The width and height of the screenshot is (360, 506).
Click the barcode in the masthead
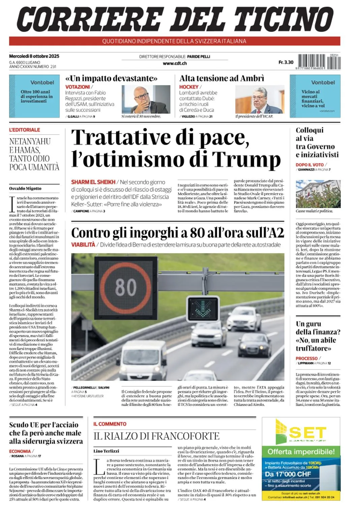(x=319, y=62)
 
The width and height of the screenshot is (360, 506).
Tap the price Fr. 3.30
(x=286, y=62)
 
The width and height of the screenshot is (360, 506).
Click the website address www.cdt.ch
(x=175, y=63)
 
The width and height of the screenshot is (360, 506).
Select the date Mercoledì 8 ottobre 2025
(x=34, y=56)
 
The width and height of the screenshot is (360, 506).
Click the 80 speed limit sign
(x=126, y=287)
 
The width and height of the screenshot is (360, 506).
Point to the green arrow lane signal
(x=203, y=308)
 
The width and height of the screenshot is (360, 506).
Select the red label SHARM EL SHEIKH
(x=93, y=182)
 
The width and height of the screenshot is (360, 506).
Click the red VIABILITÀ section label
(x=83, y=245)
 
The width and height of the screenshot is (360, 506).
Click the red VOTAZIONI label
(x=78, y=87)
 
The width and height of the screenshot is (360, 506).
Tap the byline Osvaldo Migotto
(x=25, y=189)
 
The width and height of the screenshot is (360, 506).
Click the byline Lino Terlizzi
(x=106, y=451)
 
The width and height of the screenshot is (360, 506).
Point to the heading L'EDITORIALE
(x=25, y=130)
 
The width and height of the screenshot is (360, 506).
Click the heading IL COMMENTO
(x=110, y=424)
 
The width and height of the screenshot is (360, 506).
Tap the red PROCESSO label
(x=306, y=358)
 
